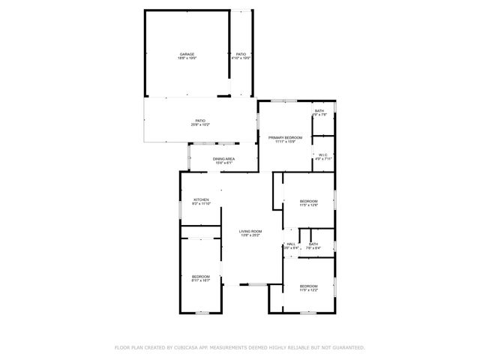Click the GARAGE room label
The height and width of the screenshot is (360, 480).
[x=187, y=54]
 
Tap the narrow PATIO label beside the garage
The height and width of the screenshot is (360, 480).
[x=241, y=54]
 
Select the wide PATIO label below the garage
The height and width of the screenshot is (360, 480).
[x=201, y=120]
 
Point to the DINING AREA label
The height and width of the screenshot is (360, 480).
[x=223, y=158]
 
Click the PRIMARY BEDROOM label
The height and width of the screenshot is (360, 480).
[x=285, y=137]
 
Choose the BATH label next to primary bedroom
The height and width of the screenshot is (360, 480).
[x=319, y=111]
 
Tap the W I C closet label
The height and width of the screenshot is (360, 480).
[x=322, y=155]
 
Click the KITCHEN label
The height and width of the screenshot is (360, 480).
[x=190, y=199]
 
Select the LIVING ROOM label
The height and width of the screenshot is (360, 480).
[x=250, y=231]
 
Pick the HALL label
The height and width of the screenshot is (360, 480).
[x=291, y=244]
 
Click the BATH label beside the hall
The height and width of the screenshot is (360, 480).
[x=313, y=244]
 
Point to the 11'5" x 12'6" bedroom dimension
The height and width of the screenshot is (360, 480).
[x=309, y=205]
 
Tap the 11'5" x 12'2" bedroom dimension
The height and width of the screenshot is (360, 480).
[x=309, y=289]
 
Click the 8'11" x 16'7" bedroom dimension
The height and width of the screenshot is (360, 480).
[x=200, y=280]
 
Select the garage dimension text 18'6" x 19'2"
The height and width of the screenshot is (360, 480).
[x=187, y=58]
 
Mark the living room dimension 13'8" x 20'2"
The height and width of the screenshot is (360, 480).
[x=250, y=235]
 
